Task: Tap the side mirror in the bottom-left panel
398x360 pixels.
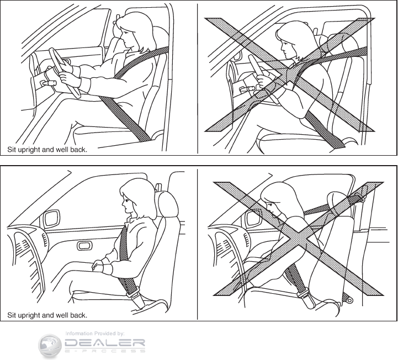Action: [x=52, y=219]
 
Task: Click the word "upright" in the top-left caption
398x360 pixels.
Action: [x=29, y=150]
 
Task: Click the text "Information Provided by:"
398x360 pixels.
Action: [x=95, y=333]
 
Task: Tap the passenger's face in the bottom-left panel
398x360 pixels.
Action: [x=128, y=204]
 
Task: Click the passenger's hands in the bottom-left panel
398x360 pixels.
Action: [x=97, y=265]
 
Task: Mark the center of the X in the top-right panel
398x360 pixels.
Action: [x=290, y=75]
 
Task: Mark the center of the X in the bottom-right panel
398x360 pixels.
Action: [x=299, y=239]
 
